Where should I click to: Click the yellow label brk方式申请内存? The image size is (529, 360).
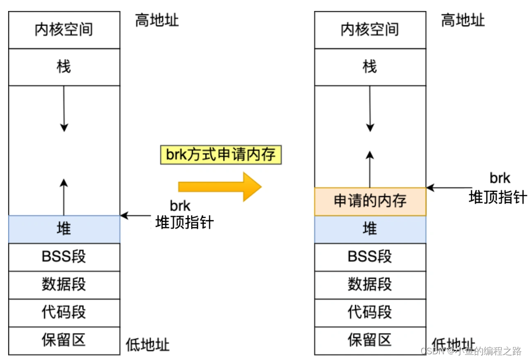click(x=221, y=155)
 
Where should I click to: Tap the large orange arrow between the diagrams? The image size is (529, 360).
click(x=220, y=186)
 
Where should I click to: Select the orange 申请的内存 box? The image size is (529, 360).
click(x=370, y=201)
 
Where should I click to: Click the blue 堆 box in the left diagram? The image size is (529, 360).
click(x=64, y=229)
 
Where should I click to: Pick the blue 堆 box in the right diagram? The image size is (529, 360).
click(x=370, y=229)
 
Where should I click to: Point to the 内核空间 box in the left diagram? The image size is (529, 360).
click(x=64, y=30)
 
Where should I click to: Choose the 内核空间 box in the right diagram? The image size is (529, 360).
click(x=370, y=30)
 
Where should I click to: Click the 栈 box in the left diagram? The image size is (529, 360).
click(x=64, y=67)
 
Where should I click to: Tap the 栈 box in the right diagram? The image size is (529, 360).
click(x=370, y=67)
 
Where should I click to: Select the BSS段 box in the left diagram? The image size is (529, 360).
click(x=64, y=257)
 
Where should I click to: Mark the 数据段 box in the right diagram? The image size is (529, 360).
click(x=370, y=285)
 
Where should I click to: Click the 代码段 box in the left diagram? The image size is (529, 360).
click(x=64, y=313)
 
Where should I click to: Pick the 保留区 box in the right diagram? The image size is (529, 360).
click(x=370, y=341)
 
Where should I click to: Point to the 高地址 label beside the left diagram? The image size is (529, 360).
click(x=157, y=20)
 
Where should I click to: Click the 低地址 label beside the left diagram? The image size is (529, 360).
click(x=148, y=345)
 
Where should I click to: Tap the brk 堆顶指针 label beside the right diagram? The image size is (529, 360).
click(x=498, y=188)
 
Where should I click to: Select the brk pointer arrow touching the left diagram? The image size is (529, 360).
click(x=136, y=215)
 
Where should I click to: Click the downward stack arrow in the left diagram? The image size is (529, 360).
click(x=64, y=109)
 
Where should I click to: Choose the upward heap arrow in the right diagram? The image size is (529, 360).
click(x=370, y=169)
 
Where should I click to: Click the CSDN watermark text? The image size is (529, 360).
click(x=471, y=351)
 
